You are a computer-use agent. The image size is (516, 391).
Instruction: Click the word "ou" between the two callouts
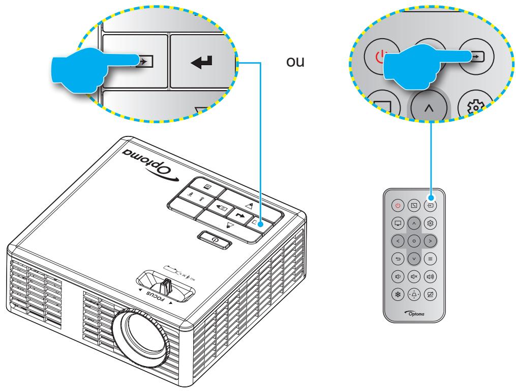[x=295, y=62]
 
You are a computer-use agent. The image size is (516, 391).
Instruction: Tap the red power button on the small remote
[x=398, y=206]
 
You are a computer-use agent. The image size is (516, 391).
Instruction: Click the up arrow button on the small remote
[x=414, y=224]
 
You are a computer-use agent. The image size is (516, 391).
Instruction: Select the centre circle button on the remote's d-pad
[x=414, y=241]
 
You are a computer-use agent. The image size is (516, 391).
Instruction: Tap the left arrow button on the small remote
[x=398, y=241]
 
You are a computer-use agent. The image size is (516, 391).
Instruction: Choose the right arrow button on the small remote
[x=430, y=241]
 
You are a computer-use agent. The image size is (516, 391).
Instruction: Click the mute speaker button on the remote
[x=414, y=276]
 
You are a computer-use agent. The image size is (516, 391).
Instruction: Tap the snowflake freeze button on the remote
[x=398, y=294]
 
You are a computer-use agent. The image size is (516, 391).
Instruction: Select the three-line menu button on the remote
[x=430, y=259]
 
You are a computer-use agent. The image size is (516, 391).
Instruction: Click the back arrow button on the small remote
[x=398, y=259]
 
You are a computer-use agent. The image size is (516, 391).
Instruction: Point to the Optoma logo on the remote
[x=415, y=313]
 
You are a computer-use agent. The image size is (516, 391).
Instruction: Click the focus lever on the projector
[x=165, y=286]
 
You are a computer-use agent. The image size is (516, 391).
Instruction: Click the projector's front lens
[x=141, y=337]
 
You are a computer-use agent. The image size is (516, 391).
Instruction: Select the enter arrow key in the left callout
[x=202, y=61]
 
